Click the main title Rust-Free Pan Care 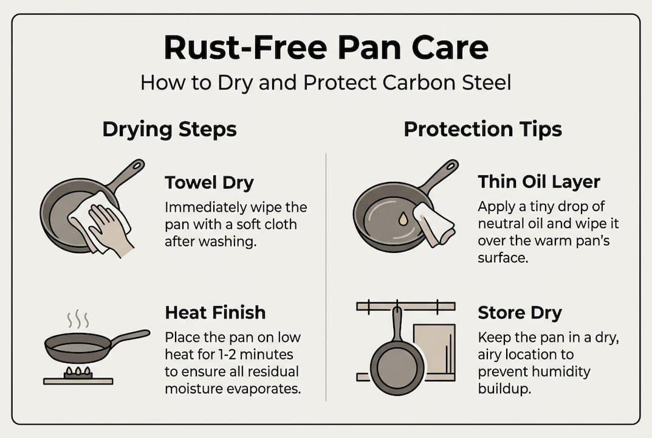click(326, 48)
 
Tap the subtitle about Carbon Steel click(326, 82)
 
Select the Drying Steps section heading click(170, 129)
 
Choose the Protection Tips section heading click(482, 129)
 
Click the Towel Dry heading click(210, 182)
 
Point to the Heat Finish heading click(215, 313)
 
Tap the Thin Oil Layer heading click(539, 181)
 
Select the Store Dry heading click(520, 313)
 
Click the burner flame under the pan click(78, 371)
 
